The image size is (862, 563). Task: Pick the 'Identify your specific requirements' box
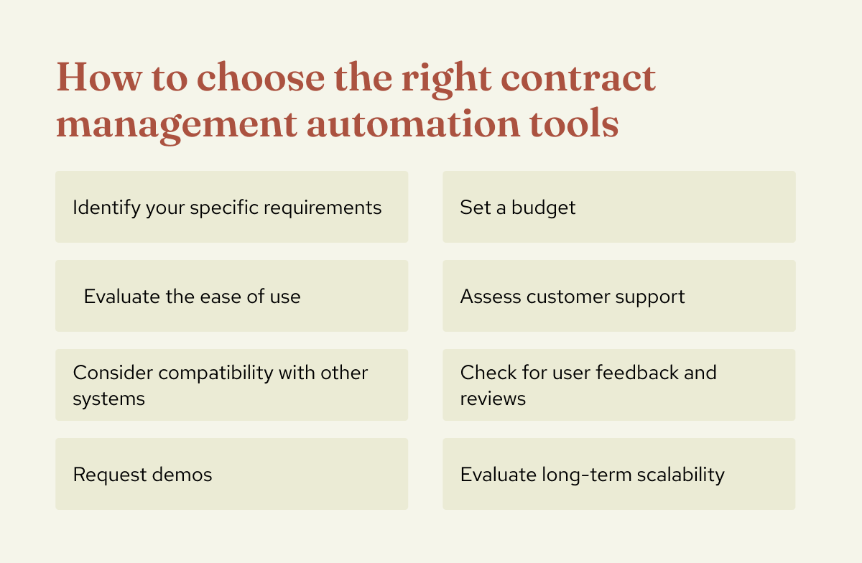(x=231, y=207)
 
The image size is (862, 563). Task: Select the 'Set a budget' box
(x=618, y=207)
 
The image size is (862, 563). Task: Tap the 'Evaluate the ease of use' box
(x=231, y=296)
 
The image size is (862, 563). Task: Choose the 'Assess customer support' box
(x=618, y=296)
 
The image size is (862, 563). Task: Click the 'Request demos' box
(x=231, y=474)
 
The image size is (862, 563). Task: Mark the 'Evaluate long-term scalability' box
(x=618, y=474)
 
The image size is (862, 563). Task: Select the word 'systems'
(x=108, y=398)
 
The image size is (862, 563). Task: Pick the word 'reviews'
(x=493, y=398)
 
